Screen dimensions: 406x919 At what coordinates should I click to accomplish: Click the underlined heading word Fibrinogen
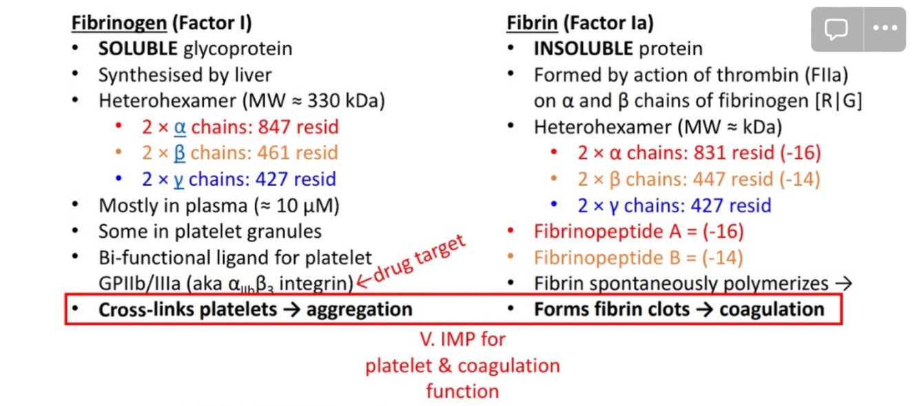[118, 23]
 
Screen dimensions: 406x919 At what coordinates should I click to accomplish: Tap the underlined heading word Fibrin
[531, 23]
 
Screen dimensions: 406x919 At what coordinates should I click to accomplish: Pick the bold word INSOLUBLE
[583, 49]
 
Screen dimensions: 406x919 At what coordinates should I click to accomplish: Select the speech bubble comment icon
[836, 29]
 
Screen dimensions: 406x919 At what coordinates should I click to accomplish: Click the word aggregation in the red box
[359, 309]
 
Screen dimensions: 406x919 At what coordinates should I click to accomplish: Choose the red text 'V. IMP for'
[462, 339]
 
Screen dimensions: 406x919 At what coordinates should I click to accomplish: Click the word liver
[252, 75]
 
